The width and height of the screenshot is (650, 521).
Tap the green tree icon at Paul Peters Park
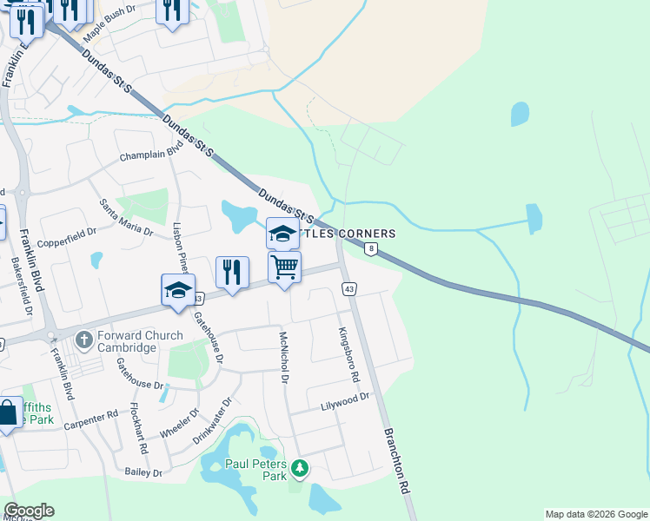300,470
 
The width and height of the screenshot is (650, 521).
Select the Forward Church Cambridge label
128,341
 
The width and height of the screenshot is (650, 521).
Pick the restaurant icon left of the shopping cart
232,271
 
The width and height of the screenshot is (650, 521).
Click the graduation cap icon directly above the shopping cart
282,233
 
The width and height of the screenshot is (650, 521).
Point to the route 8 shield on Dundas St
372,249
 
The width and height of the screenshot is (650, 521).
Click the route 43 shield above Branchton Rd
349,288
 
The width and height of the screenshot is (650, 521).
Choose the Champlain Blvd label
153,155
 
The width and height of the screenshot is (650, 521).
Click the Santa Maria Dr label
126,217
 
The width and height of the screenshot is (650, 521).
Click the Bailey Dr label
143,472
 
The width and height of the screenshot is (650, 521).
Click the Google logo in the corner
29,511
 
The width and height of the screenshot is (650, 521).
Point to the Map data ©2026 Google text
596,514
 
